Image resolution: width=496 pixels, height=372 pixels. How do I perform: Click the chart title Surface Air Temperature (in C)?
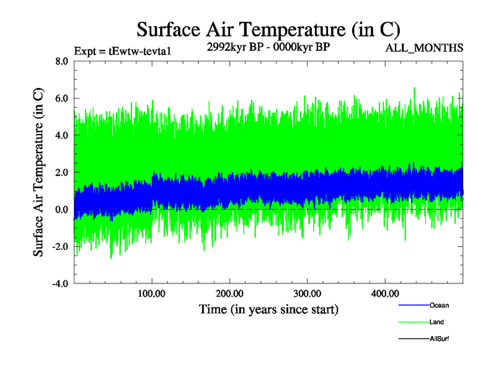pos(268,29)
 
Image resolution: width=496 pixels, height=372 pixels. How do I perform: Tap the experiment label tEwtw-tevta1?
pos(122,51)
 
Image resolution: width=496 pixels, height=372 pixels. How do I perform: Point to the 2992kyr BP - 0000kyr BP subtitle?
pos(268,48)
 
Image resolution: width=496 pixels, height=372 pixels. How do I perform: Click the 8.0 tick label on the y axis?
pos(61,61)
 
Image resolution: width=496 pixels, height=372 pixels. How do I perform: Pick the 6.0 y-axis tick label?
pos(61,98)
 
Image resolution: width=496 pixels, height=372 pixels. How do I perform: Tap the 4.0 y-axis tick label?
pos(61,135)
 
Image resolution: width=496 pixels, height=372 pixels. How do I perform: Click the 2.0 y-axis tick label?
pos(61,172)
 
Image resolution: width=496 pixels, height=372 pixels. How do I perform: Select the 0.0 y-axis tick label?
pos(61,210)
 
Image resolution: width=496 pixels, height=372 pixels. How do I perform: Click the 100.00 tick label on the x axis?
pos(152,293)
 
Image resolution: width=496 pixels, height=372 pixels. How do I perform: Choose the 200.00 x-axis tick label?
pos(229,293)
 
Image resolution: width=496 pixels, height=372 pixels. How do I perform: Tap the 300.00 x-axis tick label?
pos(307,293)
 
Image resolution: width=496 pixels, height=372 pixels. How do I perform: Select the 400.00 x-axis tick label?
pos(384,293)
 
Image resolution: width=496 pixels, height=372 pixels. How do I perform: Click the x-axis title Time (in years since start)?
pos(268,309)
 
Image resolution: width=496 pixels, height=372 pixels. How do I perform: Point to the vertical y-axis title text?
pos(38,172)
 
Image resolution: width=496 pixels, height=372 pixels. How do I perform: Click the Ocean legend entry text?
pos(439,306)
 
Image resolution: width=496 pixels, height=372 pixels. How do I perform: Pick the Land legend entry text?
pos(436,322)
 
